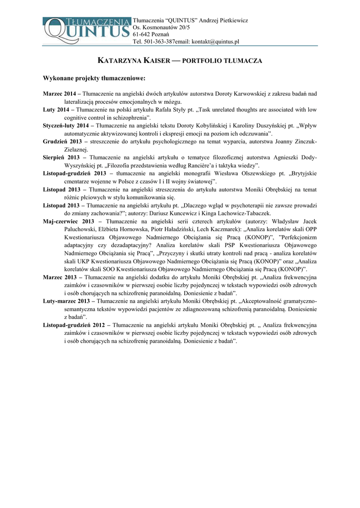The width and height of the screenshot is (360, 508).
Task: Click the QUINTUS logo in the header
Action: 87,30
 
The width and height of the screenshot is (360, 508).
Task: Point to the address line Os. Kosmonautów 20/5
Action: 161,27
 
